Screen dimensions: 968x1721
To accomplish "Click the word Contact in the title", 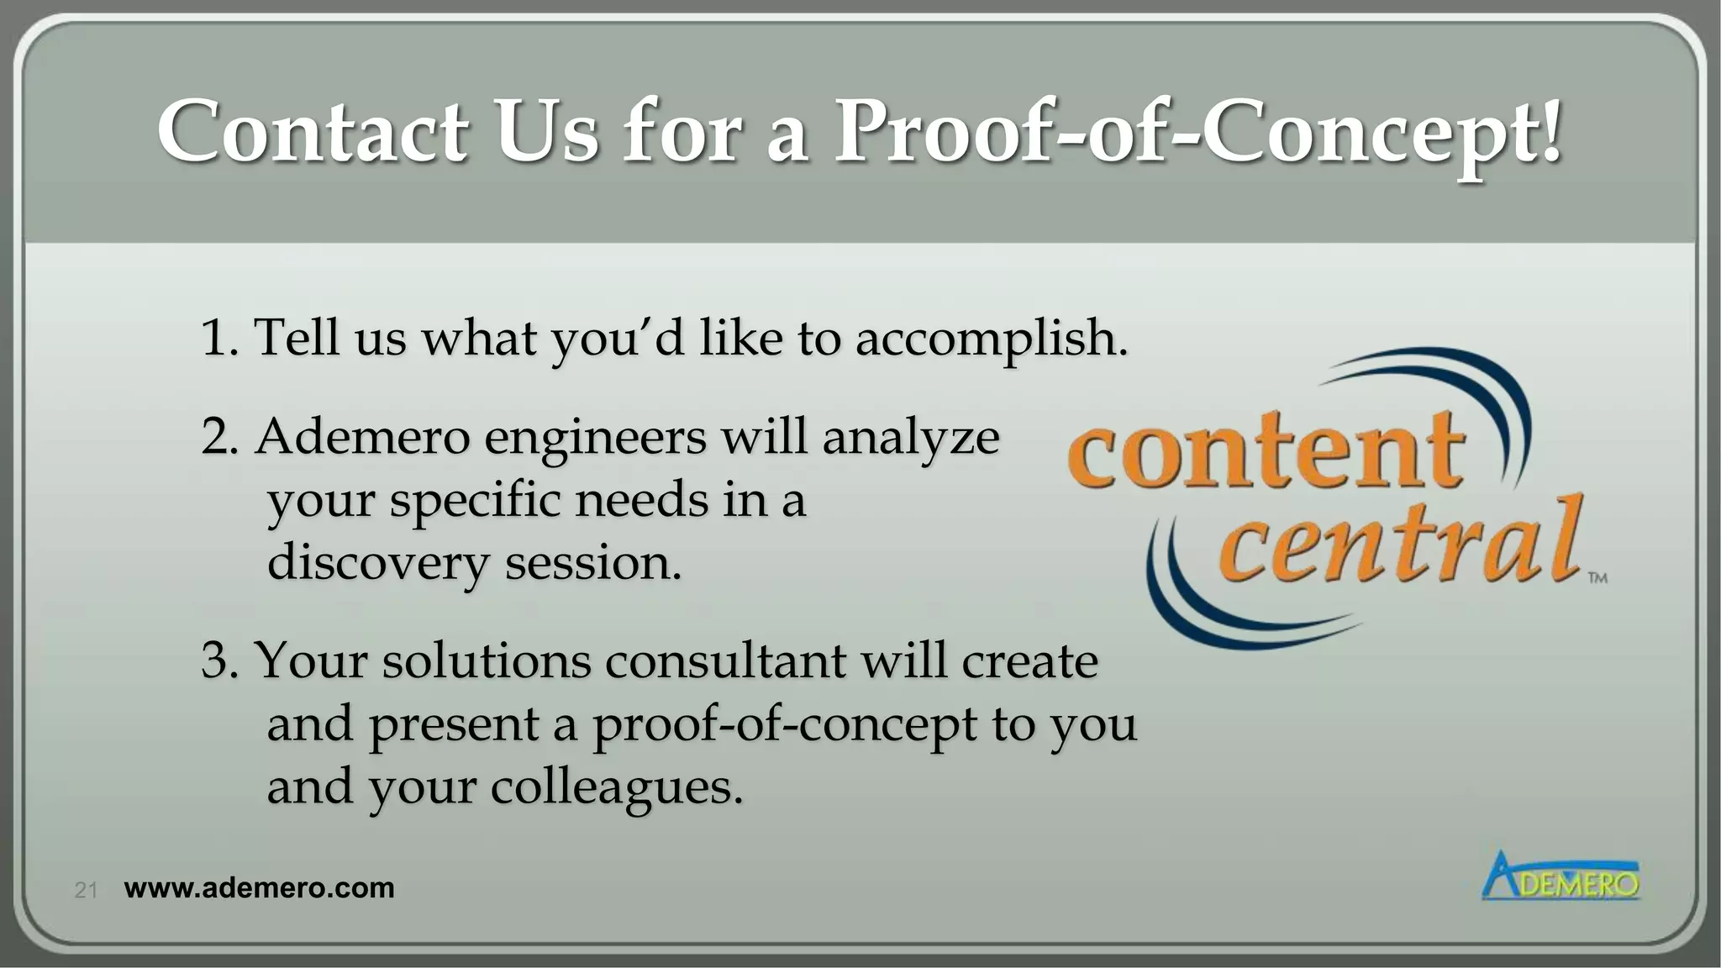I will pyautogui.click(x=312, y=132).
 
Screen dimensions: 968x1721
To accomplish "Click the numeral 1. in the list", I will pyautogui.click(x=219, y=338).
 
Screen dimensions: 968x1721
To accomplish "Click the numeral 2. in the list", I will pyautogui.click(x=220, y=438).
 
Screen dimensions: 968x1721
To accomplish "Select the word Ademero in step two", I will pyautogui.click(x=362, y=438).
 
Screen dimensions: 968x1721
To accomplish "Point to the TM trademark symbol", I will pyautogui.click(x=1597, y=578).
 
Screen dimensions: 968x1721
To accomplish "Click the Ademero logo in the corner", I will pyautogui.click(x=1560, y=877).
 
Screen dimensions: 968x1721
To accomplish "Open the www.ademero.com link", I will pyautogui.click(x=259, y=888).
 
